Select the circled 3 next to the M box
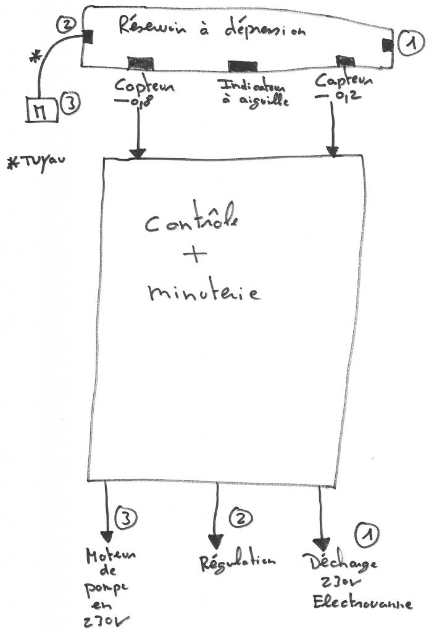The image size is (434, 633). [69, 106]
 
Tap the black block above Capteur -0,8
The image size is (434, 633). [141, 62]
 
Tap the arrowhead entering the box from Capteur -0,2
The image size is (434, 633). [334, 150]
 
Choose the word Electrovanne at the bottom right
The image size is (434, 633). [362, 603]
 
